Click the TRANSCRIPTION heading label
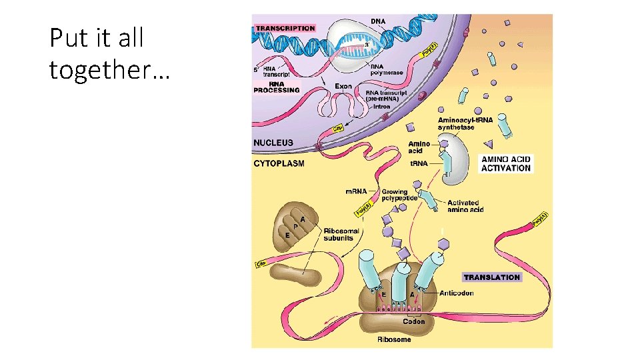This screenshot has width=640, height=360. (285, 28)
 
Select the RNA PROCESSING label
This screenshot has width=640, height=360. (276, 87)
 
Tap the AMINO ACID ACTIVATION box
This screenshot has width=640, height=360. (506, 163)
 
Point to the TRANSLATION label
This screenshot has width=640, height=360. (491, 277)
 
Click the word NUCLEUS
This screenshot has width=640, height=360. (273, 143)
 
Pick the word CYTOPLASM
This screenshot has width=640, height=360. (279, 163)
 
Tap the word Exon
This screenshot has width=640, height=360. (343, 86)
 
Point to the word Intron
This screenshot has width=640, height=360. (382, 107)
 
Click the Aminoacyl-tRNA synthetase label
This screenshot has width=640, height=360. (465, 123)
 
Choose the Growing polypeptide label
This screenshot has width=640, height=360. (399, 195)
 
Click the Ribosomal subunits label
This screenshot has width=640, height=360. (341, 234)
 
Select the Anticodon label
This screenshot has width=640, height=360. (457, 293)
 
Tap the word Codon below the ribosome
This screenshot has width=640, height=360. (413, 321)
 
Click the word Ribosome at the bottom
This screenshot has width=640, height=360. (394, 339)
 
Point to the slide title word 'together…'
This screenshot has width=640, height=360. (109, 69)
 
